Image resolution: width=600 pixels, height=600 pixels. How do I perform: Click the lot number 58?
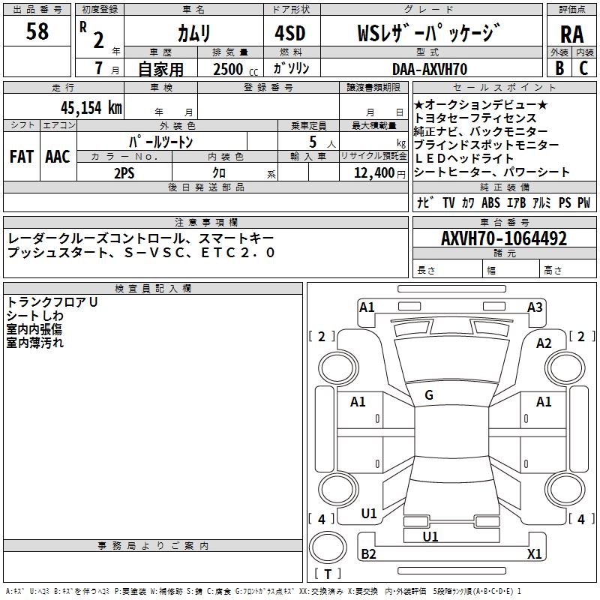pos(37,31)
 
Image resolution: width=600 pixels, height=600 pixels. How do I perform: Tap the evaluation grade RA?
pos(571,33)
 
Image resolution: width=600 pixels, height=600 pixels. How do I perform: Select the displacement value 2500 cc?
pos(227,69)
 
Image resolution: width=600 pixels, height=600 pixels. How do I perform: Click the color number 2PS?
pos(124,172)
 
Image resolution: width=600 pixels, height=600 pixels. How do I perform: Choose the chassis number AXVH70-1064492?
pos(503,238)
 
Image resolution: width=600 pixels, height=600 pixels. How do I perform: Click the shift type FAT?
pos(21,157)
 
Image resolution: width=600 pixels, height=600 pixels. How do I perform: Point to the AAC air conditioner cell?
pos(57,157)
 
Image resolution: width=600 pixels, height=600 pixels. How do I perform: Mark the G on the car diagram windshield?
pos(428,395)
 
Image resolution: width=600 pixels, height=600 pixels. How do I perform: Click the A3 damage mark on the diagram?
pos(535,307)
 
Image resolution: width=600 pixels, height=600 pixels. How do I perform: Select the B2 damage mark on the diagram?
pos(368,554)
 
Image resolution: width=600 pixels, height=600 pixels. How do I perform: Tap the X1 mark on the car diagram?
pos(534,554)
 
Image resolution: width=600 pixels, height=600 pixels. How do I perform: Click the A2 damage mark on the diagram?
pos(544,343)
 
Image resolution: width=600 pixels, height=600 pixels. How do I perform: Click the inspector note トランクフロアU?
pos(52,302)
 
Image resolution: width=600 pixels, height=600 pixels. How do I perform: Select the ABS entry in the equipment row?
pos(490,202)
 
